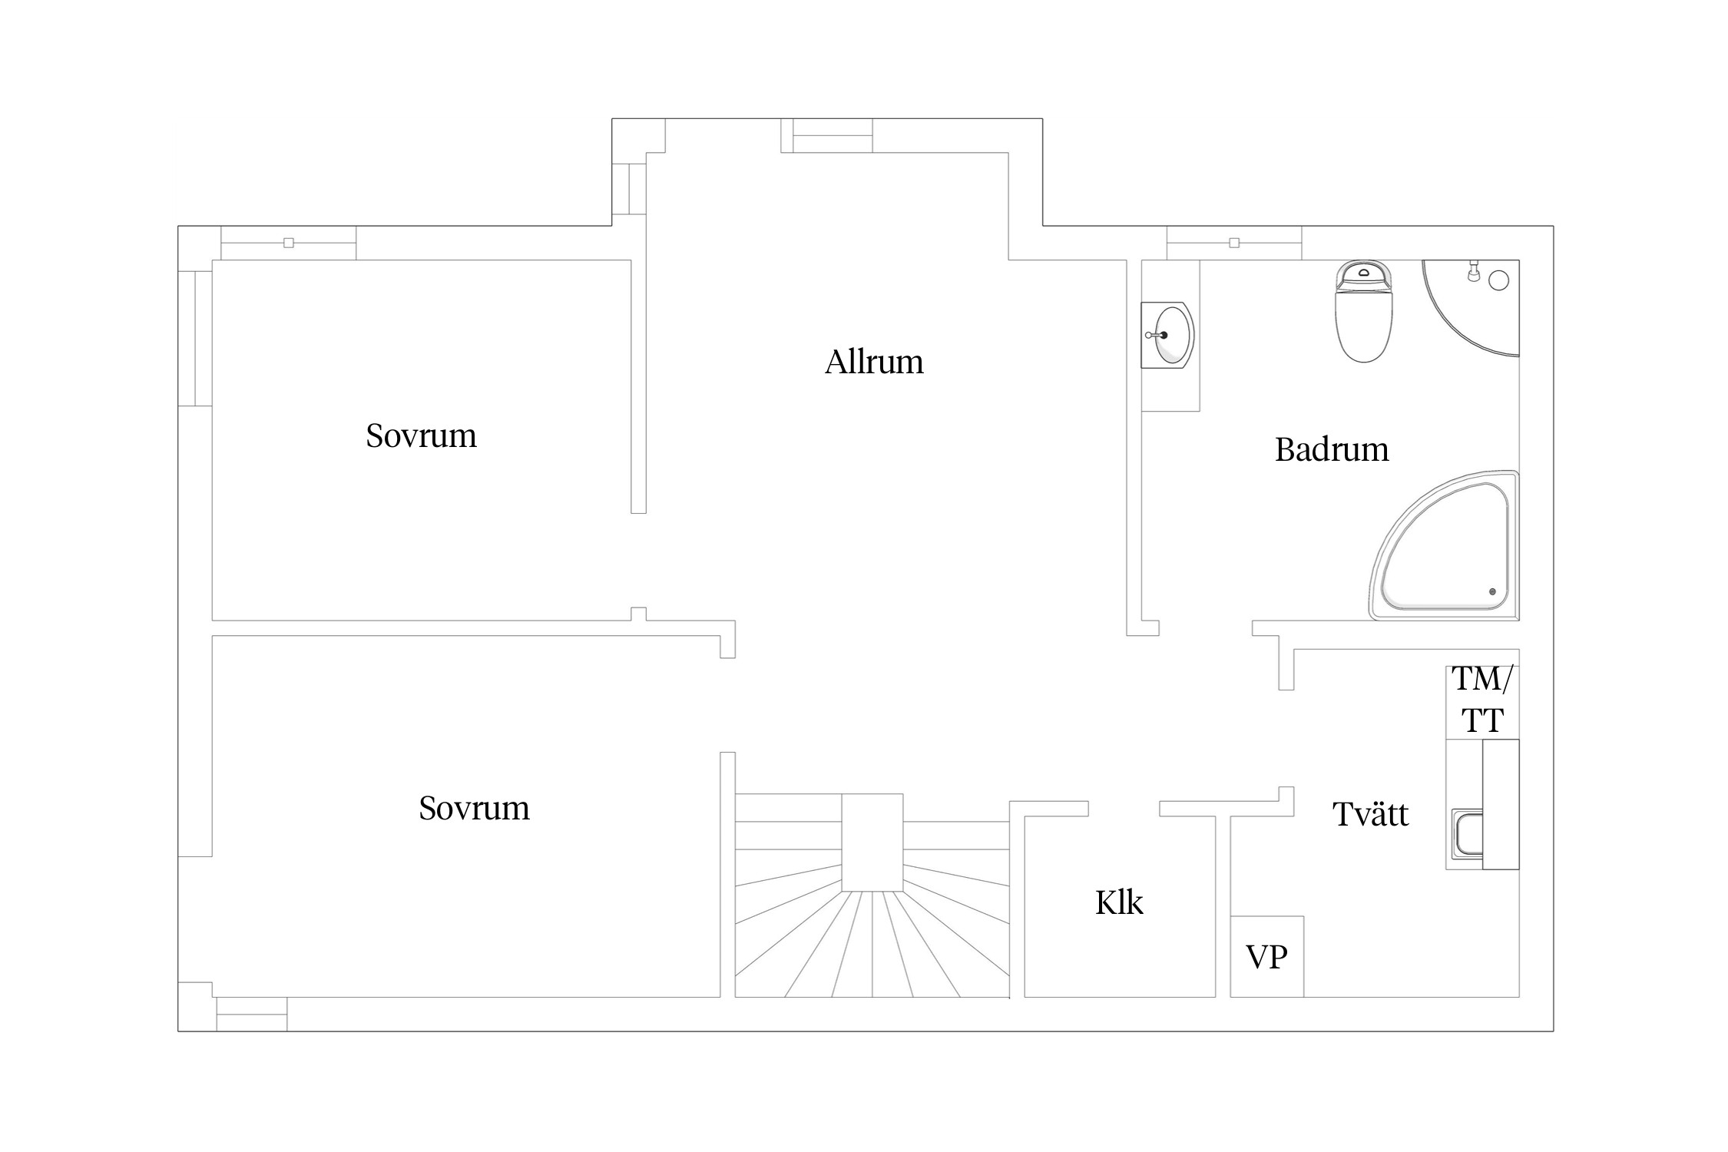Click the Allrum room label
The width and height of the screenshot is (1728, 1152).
pyautogui.click(x=874, y=362)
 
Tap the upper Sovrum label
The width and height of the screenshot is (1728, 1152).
pyautogui.click(x=421, y=435)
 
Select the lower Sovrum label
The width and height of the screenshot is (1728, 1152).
pyautogui.click(x=474, y=808)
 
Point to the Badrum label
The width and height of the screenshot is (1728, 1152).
pyautogui.click(x=1332, y=449)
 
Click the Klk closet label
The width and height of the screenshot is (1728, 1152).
pyautogui.click(x=1119, y=903)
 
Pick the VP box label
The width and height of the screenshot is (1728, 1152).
pyautogui.click(x=1266, y=957)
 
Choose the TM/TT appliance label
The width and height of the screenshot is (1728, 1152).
pyautogui.click(x=1481, y=700)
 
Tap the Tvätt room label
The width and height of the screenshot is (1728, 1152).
pyautogui.click(x=1370, y=814)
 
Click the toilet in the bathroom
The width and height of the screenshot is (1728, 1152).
pyautogui.click(x=1364, y=311)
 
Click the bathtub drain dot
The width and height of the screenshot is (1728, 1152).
pyautogui.click(x=1492, y=591)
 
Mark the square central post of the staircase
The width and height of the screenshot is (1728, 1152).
pyautogui.click(x=872, y=842)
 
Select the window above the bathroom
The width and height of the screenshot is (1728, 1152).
pyautogui.click(x=1234, y=243)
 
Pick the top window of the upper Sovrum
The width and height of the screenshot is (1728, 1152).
pyautogui.click(x=288, y=243)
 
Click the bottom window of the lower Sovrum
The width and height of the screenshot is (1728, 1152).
pyautogui.click(x=251, y=1014)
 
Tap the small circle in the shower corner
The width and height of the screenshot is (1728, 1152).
pyautogui.click(x=1498, y=280)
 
